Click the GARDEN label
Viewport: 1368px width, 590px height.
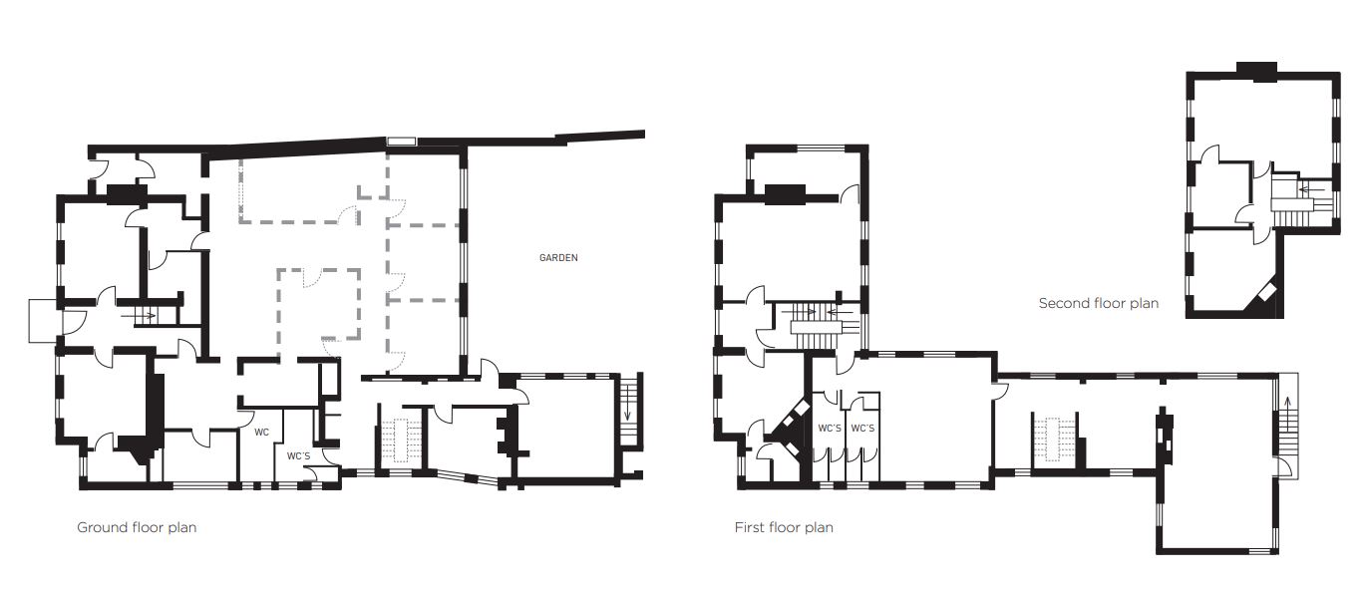pos(558,258)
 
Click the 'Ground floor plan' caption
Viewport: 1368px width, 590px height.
pos(137,528)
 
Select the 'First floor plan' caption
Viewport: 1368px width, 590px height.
pos(784,528)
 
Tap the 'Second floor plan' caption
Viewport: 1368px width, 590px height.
pos(1098,303)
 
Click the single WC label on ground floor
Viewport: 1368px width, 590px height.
pos(261,433)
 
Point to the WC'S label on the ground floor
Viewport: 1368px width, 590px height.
pos(299,456)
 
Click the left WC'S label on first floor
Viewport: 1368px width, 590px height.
pos(830,429)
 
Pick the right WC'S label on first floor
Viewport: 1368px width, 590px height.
pos(862,429)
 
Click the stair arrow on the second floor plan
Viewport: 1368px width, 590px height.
pos(1307,190)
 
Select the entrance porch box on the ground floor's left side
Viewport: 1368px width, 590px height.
pos(43,320)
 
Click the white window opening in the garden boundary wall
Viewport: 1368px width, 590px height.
pos(401,142)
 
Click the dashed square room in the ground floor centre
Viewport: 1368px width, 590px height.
pos(318,303)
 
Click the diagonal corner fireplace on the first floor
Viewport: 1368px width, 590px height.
pos(792,429)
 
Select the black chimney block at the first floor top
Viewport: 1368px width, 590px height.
pos(785,194)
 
